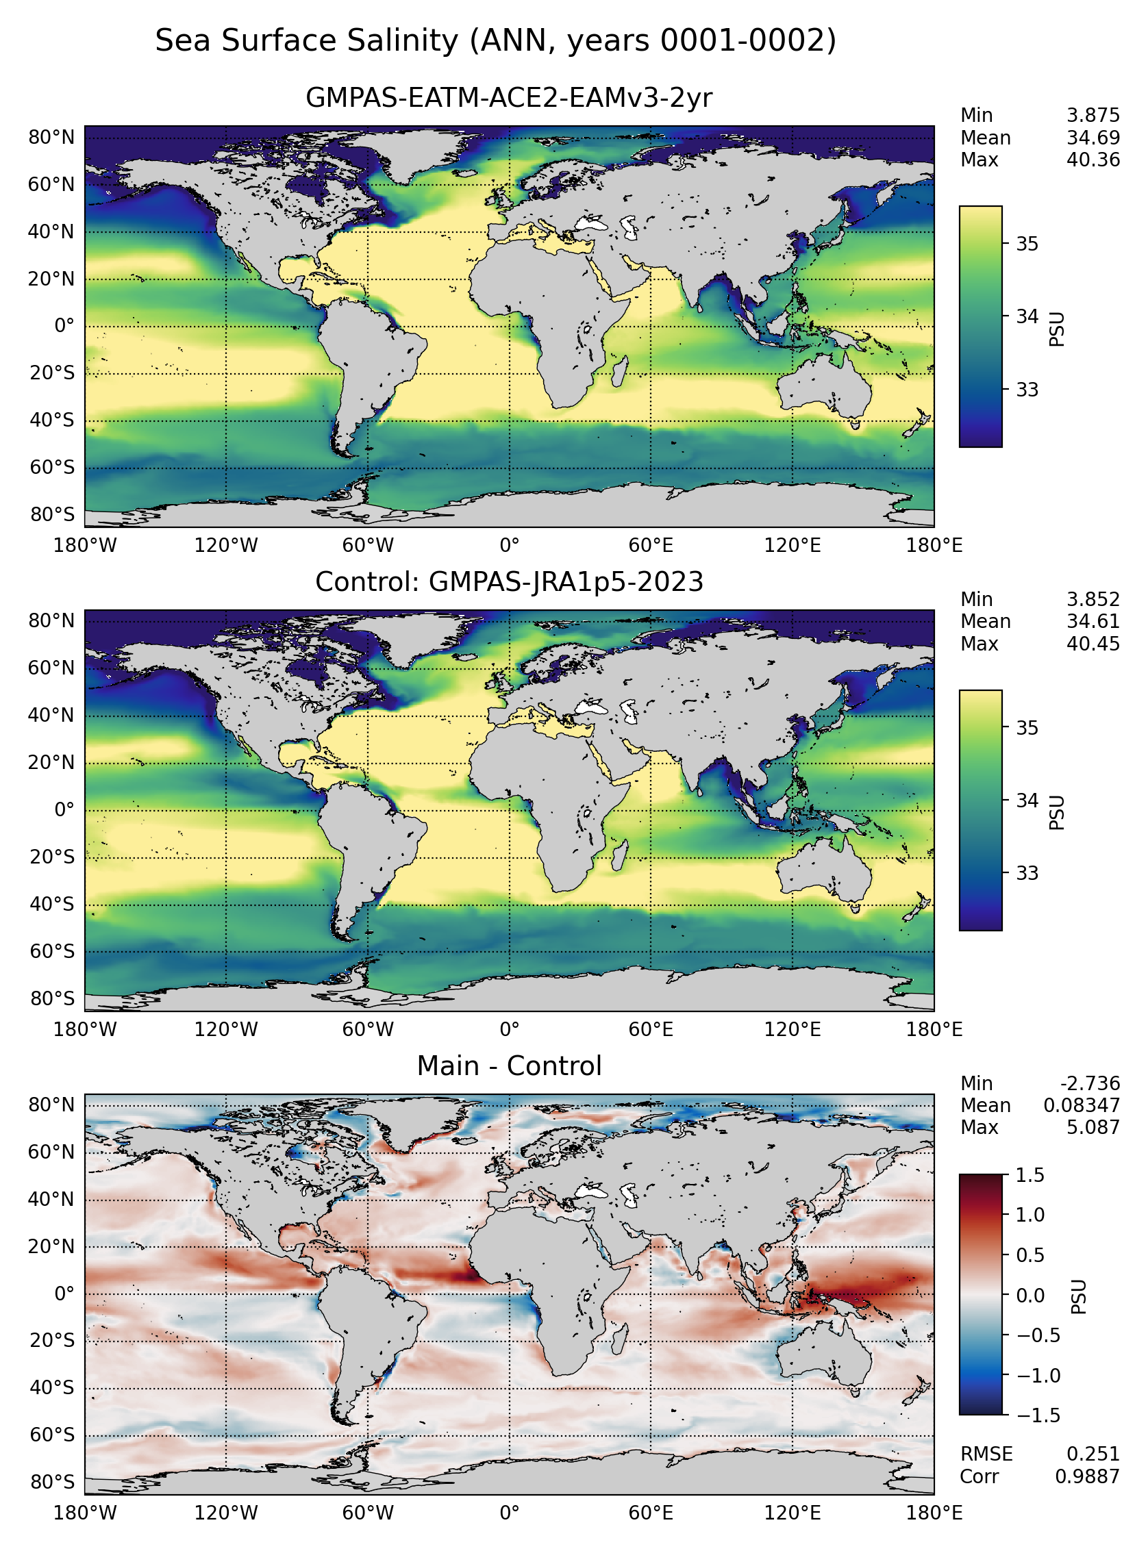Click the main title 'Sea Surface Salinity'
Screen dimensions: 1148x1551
click(x=306, y=41)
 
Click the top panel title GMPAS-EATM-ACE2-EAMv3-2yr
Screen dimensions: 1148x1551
click(x=509, y=98)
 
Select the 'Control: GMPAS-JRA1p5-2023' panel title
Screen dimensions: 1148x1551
click(x=509, y=581)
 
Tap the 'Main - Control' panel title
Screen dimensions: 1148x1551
click(x=509, y=1065)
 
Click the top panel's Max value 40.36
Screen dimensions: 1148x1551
click(x=1093, y=160)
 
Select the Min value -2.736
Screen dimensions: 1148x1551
click(x=1090, y=1083)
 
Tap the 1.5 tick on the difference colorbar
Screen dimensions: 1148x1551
click(x=1030, y=1175)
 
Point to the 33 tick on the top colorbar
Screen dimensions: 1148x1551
click(x=1027, y=390)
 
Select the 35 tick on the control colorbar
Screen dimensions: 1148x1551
click(x=1027, y=728)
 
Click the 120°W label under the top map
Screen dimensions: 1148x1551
click(x=226, y=545)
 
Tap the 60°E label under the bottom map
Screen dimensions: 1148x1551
click(x=651, y=1513)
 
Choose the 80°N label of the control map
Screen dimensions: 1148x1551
click(x=51, y=620)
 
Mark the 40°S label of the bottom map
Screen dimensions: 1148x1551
click(x=51, y=1388)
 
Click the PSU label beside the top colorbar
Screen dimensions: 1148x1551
click(x=1056, y=329)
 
